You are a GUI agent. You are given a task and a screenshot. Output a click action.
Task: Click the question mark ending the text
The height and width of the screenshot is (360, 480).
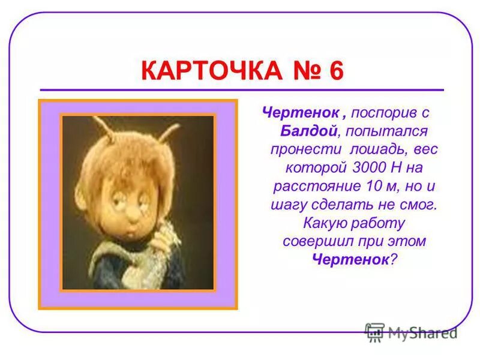[x=394, y=259]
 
